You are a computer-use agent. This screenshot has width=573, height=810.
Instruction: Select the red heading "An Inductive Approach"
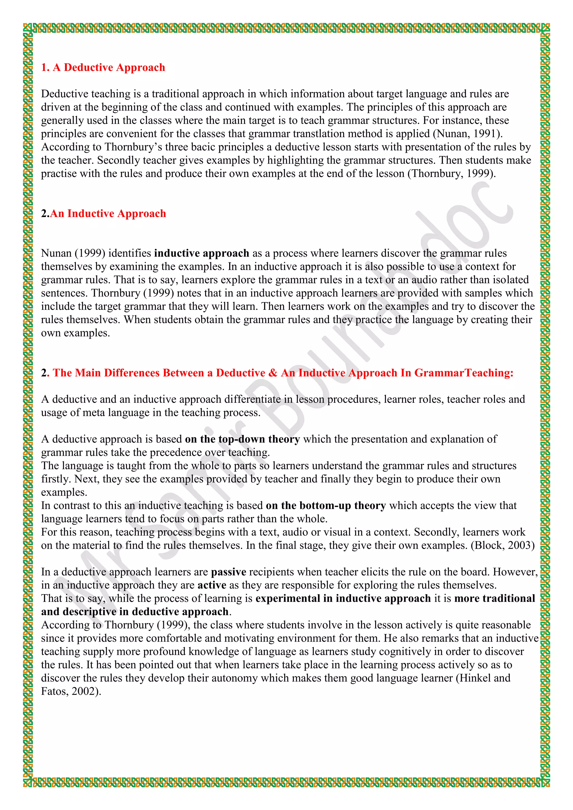click(x=108, y=213)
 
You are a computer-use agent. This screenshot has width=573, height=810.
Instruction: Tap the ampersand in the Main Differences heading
click(x=273, y=373)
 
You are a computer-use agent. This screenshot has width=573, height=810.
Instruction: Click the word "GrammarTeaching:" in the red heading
click(x=464, y=373)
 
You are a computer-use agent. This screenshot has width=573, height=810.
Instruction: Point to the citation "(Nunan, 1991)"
click(x=468, y=134)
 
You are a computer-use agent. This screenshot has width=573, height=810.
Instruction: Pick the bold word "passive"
click(x=229, y=572)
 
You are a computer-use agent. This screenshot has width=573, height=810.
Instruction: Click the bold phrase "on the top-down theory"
click(x=242, y=439)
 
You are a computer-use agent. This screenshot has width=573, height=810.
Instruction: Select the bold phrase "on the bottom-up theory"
click(x=326, y=505)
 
